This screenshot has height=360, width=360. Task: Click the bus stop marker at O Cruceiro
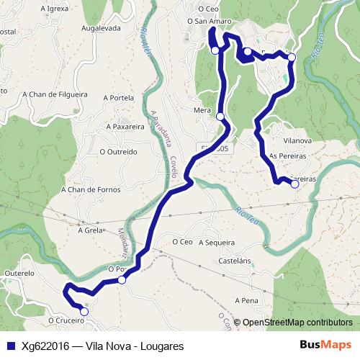(84, 312)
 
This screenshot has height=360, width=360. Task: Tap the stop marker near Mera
(220, 116)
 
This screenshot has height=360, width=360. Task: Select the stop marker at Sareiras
(294, 184)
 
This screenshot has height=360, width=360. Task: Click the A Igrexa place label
(55, 9)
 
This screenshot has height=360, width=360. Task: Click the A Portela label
(119, 98)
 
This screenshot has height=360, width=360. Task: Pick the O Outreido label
(118, 152)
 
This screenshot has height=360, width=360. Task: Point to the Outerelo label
(19, 274)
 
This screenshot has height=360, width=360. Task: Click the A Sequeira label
(217, 243)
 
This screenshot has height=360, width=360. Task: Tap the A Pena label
(246, 300)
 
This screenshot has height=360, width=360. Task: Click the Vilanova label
(297, 141)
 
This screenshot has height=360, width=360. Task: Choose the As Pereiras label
(287, 156)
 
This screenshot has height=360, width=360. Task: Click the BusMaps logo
(325, 346)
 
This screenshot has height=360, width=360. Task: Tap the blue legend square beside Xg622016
(11, 346)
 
